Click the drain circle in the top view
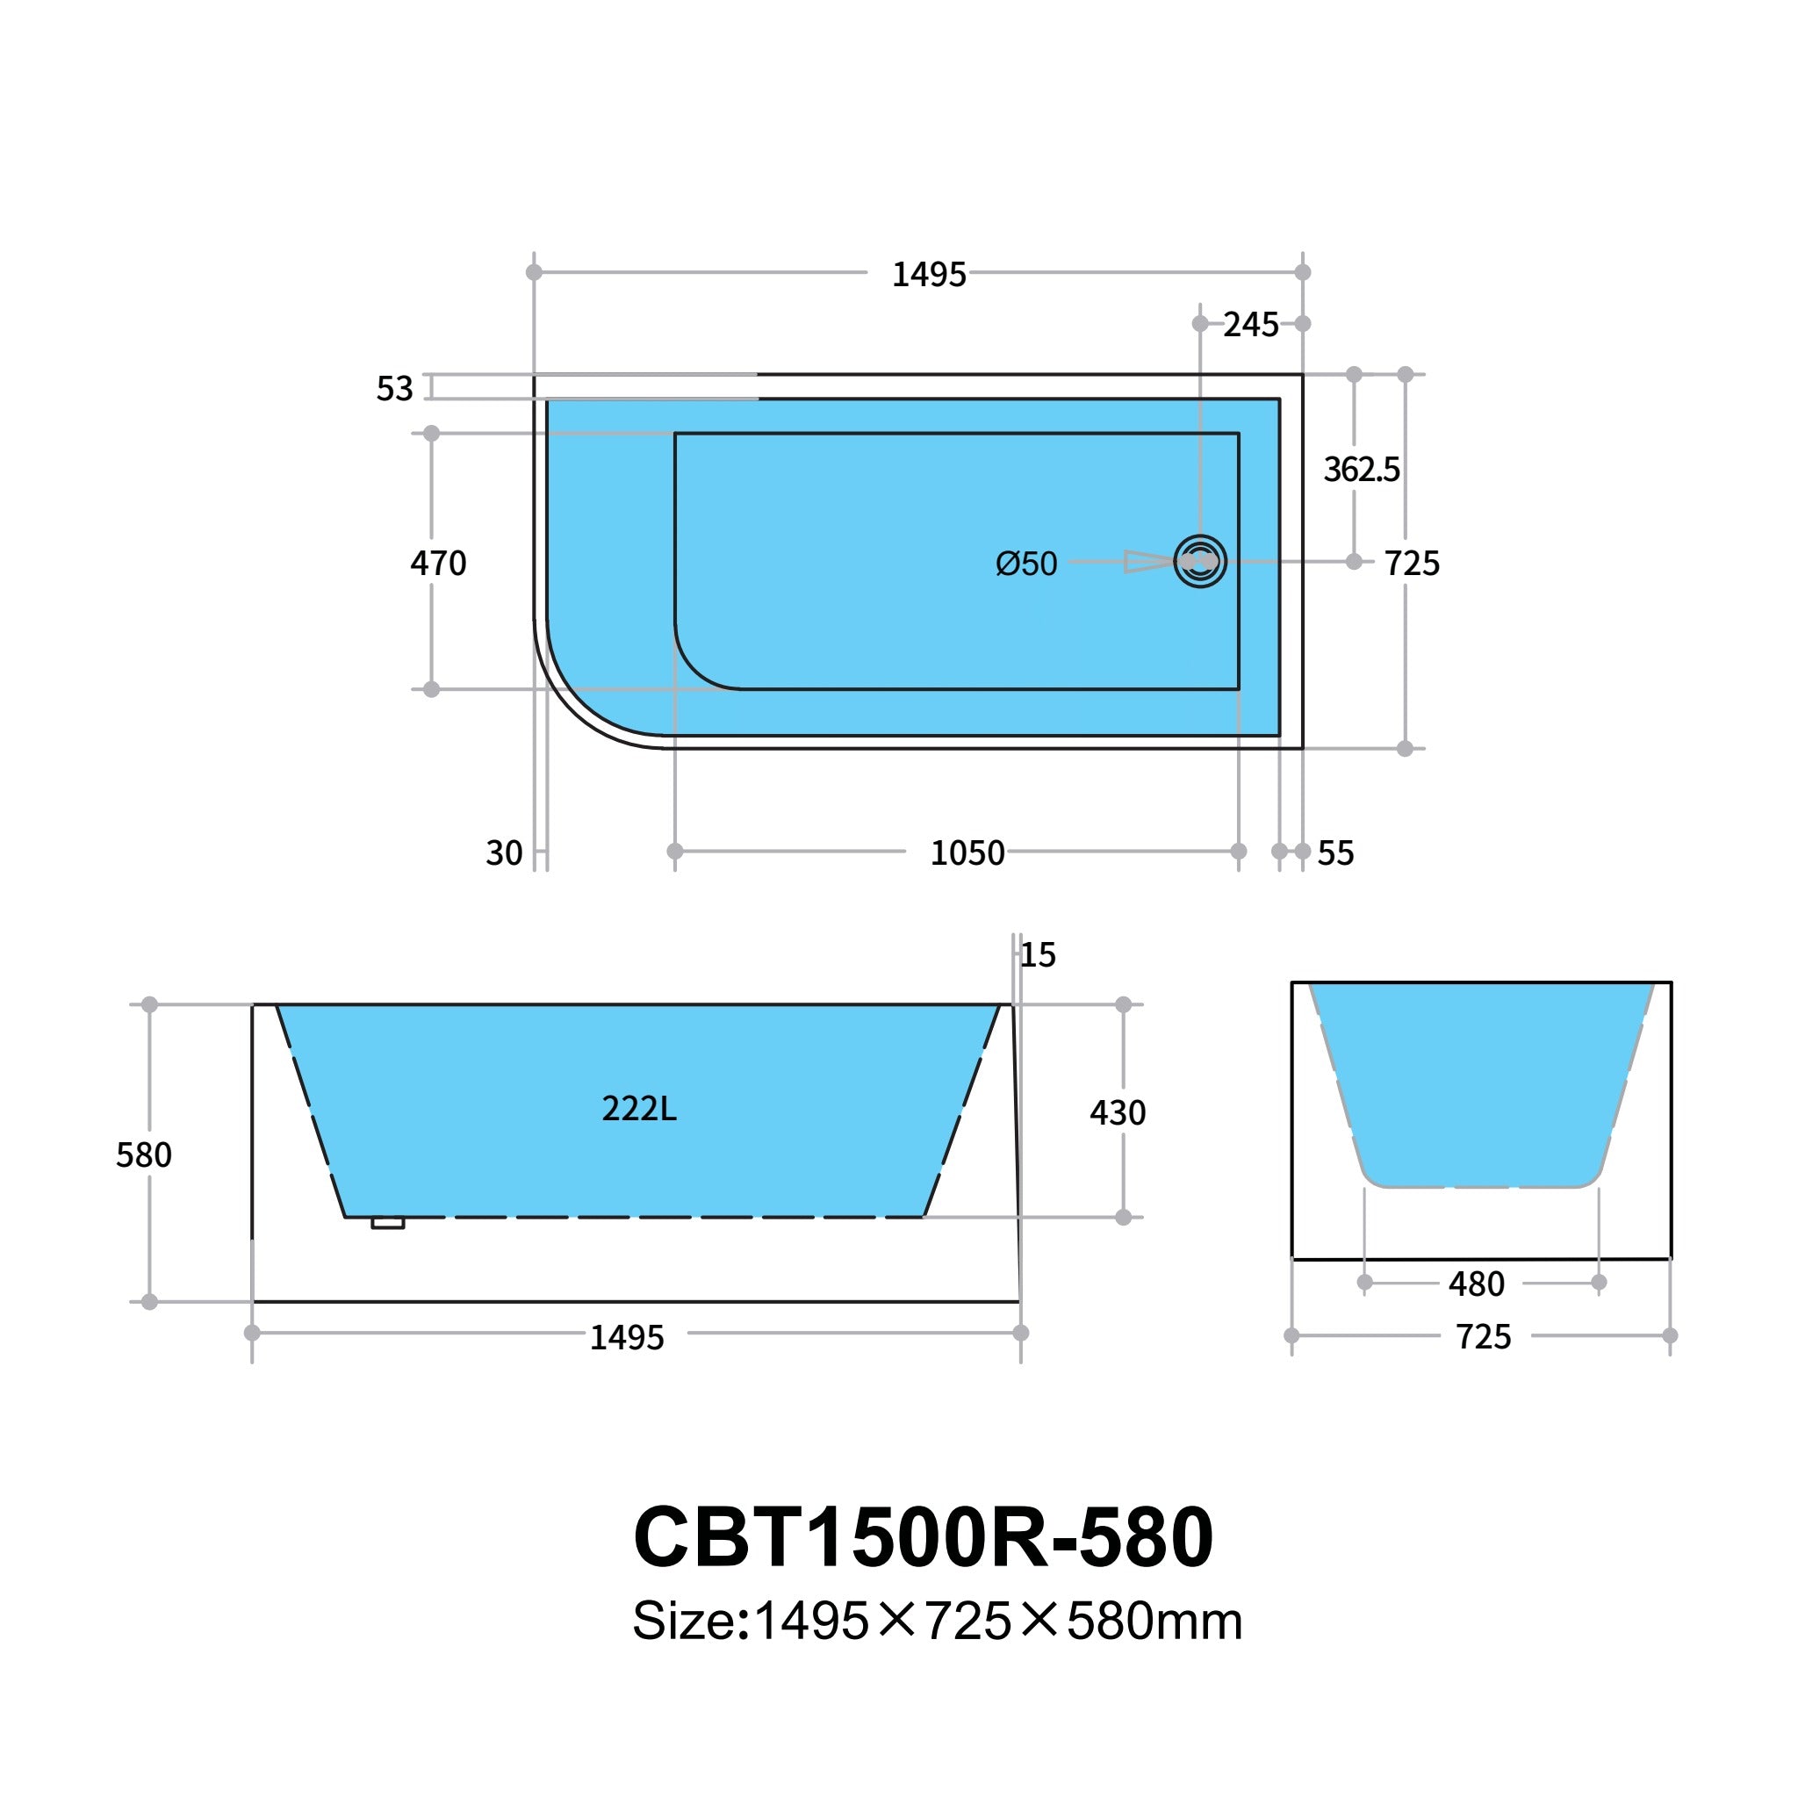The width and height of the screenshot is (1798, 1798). tap(1199, 561)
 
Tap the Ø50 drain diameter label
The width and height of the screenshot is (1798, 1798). tap(1025, 564)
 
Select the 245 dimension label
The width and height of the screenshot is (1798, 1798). tap(1250, 325)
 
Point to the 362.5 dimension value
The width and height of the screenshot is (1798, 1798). tap(1361, 470)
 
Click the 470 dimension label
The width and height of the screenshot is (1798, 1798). tap(438, 563)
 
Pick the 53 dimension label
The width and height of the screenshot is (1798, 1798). tap(393, 388)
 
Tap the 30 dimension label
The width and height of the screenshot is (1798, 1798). tap(503, 852)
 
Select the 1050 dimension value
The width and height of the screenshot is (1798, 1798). tap(967, 852)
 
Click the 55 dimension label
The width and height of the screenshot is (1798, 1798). tap(1335, 852)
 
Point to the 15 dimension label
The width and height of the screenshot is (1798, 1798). tap(1038, 955)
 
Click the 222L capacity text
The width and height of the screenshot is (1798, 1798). tap(638, 1109)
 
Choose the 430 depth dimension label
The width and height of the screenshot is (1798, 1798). tap(1117, 1112)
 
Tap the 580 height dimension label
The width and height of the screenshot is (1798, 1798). tap(143, 1155)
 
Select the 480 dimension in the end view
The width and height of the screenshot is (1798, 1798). tap(1476, 1284)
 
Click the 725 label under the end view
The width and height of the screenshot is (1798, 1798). tap(1484, 1336)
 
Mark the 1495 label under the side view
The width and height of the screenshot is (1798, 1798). tap(626, 1337)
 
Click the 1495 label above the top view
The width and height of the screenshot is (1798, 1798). tap(928, 275)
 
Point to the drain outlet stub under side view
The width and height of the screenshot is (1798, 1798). tap(387, 1224)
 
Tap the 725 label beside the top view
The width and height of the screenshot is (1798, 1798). tap(1412, 563)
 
